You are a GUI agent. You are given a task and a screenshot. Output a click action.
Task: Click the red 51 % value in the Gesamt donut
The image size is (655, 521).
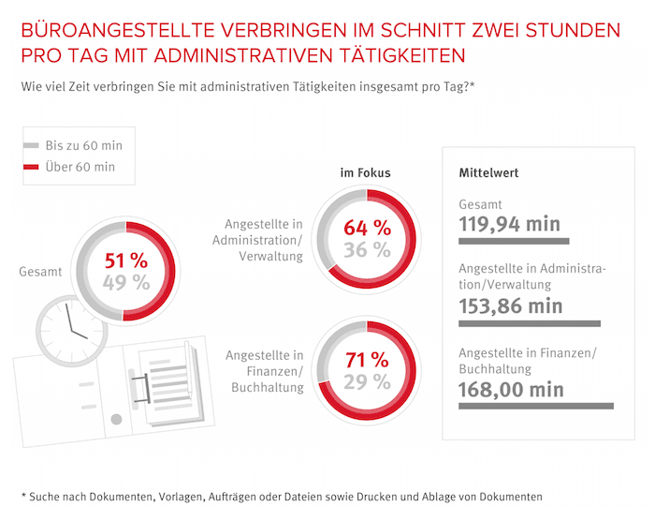(x=125, y=261)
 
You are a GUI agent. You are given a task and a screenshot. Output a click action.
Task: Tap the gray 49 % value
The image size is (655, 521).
(x=125, y=284)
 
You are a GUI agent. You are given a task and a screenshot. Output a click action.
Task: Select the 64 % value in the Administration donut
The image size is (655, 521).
(x=367, y=228)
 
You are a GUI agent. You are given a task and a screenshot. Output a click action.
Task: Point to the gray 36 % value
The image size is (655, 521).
(x=367, y=250)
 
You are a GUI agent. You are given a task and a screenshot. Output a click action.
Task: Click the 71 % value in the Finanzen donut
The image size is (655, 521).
(x=367, y=359)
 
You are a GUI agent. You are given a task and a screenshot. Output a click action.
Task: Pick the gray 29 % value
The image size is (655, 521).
(x=367, y=381)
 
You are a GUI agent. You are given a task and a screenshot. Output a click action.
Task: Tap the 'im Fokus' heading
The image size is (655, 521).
(x=365, y=172)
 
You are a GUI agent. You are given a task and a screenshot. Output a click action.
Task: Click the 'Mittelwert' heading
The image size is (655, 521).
(x=488, y=172)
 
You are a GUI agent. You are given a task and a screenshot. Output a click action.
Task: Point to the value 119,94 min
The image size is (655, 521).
(x=510, y=224)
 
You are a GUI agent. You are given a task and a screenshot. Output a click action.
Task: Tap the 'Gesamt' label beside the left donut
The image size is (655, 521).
(x=40, y=273)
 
